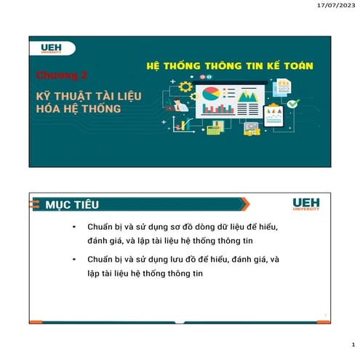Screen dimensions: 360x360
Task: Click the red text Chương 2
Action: [62, 74]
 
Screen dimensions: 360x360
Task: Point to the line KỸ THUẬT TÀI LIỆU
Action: [89, 96]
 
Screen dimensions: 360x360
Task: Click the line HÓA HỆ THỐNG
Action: [79, 109]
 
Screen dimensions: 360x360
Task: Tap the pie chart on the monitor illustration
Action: [212, 95]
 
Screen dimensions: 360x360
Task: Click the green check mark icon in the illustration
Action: [292, 104]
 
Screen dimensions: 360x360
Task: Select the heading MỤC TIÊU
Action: [72, 204]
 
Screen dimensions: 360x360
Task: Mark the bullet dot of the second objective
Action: [74, 259]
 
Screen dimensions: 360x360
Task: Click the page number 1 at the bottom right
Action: [351, 345]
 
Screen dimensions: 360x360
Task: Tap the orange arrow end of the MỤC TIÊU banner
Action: [244, 204]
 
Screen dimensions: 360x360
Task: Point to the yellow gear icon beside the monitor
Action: [185, 87]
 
